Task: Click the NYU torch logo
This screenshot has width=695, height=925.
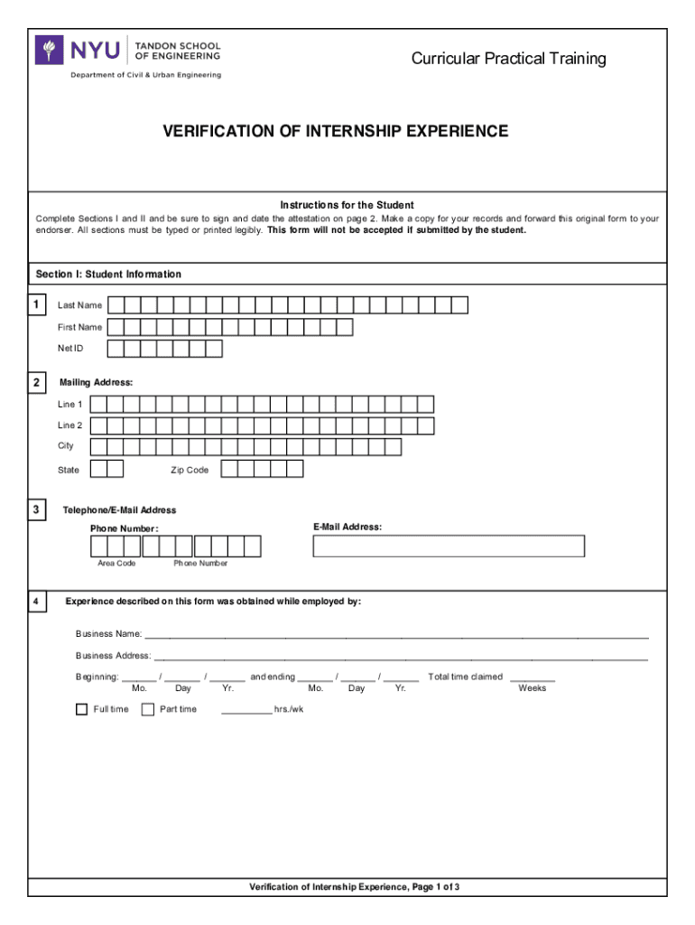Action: point(49,50)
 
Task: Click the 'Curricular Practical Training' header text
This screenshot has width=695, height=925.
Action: point(508,60)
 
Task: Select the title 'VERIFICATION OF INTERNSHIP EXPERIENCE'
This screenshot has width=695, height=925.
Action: point(335,132)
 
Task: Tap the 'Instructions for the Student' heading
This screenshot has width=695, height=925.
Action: point(347,205)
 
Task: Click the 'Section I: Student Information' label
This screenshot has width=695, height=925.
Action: point(108,274)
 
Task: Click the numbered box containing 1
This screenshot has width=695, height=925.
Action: point(36,305)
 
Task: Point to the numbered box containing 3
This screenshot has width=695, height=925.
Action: point(36,511)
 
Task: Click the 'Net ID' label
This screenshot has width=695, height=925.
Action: point(70,349)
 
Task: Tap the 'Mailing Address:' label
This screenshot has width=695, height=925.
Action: point(96,383)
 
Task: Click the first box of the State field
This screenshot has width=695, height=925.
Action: point(97,469)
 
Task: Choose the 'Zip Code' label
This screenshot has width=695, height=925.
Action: point(190,470)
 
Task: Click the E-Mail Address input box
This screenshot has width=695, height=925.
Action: point(449,546)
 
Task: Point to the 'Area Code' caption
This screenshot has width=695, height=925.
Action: point(116,564)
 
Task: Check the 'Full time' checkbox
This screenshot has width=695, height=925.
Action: point(81,709)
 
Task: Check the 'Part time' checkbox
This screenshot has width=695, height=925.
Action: point(148,709)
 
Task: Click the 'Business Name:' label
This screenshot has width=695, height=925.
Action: point(107,634)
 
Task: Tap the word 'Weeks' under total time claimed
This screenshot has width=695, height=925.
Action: point(533,688)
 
